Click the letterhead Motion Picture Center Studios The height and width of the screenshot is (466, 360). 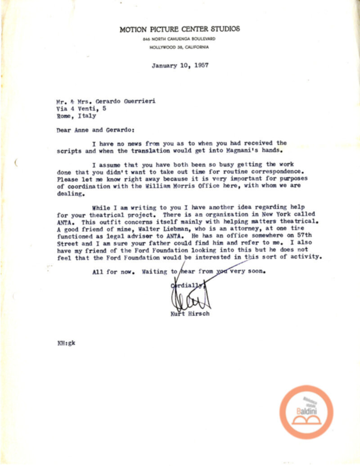pyautogui.click(x=180, y=29)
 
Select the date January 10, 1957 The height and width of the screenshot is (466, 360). pyautogui.click(x=180, y=65)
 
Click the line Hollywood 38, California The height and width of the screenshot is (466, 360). pyautogui.click(x=180, y=47)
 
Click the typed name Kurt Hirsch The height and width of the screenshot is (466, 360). pyautogui.click(x=190, y=313)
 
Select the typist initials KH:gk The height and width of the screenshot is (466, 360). pyautogui.click(x=66, y=342)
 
